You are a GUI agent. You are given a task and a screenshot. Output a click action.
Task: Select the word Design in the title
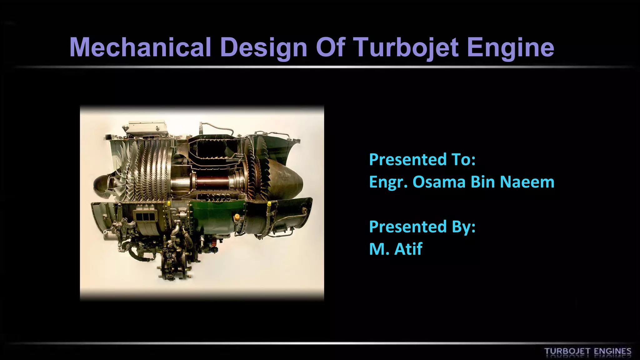point(264,48)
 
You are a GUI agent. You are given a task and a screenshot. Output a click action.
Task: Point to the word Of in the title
point(330,47)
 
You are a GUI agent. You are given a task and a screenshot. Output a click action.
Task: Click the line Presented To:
point(422,159)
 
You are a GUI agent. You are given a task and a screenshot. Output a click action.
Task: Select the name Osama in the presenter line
point(439,182)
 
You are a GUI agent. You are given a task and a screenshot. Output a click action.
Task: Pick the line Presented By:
point(422,227)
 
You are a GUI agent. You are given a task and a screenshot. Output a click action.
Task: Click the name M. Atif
point(396,249)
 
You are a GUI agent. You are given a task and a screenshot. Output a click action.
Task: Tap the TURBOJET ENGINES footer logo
point(587,351)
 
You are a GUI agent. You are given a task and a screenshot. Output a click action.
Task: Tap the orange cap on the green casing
point(237,216)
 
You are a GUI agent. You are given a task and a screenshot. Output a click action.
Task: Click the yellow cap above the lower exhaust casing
point(269,204)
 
